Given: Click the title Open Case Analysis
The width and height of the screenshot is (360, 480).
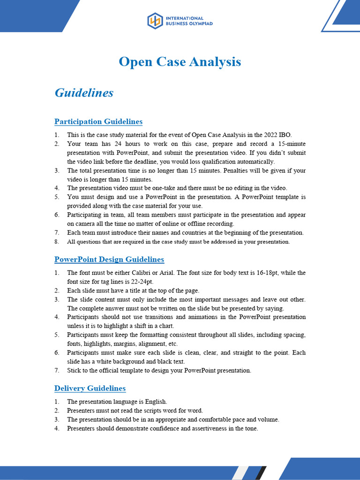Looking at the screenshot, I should click(x=180, y=61).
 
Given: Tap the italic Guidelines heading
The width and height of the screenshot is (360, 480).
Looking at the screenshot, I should click(x=84, y=93).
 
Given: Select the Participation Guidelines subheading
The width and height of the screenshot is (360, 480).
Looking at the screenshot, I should click(x=98, y=122).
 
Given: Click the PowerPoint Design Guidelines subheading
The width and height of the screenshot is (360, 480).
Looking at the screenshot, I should click(x=109, y=260).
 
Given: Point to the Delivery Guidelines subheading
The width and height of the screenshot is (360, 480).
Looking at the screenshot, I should click(x=90, y=389).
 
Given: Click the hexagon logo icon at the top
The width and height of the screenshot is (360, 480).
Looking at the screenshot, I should click(x=155, y=21).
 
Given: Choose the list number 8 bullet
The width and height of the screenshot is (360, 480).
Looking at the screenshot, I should click(x=57, y=242).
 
